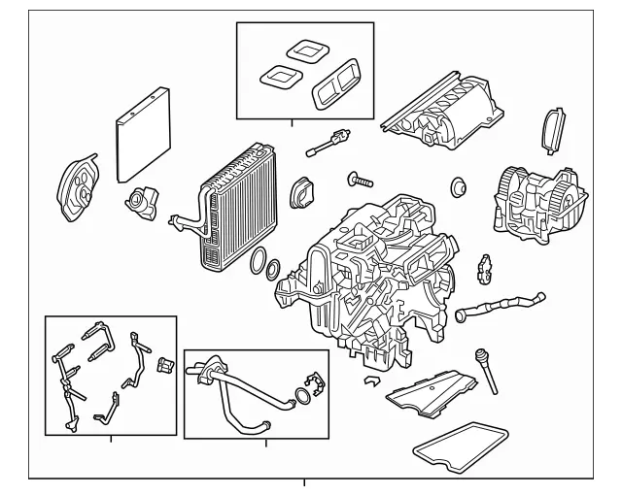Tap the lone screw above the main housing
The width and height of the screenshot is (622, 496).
361,180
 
